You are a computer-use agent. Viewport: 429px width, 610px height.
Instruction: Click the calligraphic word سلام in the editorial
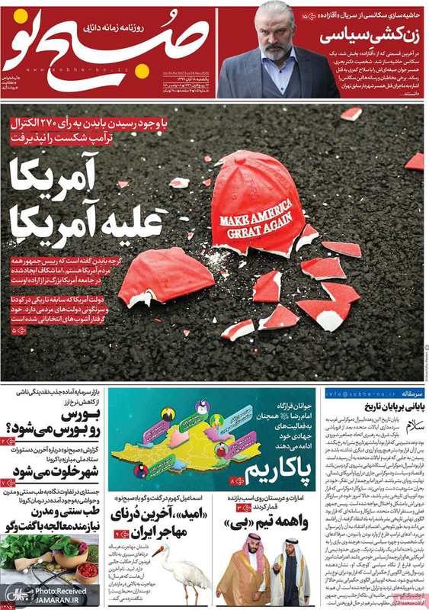coord(408,425)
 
